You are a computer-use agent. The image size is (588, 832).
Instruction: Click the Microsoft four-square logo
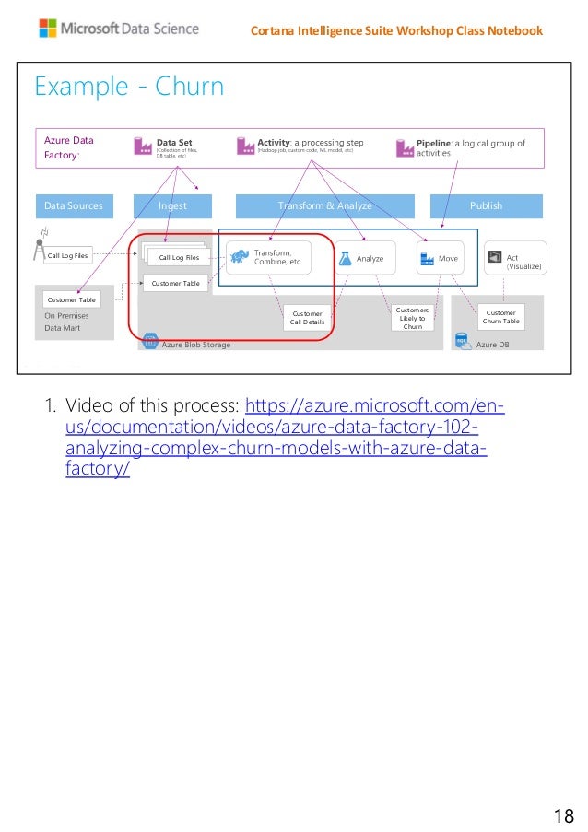coord(47,29)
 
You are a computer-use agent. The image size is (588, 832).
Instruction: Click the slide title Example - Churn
coord(129,88)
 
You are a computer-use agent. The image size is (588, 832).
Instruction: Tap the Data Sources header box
coord(75,205)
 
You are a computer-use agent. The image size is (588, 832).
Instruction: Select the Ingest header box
coord(172,205)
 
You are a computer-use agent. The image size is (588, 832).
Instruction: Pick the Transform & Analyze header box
coord(325,205)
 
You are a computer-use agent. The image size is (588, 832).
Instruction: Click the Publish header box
coord(486,205)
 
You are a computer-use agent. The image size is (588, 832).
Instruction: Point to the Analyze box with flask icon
coord(360,259)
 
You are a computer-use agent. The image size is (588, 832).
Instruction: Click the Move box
coord(440,259)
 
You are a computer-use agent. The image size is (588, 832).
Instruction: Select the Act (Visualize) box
coord(515,259)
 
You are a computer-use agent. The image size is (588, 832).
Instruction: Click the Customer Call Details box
coord(307,318)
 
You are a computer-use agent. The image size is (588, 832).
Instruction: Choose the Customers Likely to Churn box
coord(412,318)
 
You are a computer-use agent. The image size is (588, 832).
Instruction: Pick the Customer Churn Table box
coord(502,317)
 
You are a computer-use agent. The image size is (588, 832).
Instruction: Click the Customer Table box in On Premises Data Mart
coord(71,299)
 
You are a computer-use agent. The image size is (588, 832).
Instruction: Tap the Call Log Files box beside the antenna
coord(67,256)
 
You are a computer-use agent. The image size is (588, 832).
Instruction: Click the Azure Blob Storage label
coord(195,345)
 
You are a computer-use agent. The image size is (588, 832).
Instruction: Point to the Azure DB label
coord(492,345)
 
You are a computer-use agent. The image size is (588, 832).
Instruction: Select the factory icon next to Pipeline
coord(405,147)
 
